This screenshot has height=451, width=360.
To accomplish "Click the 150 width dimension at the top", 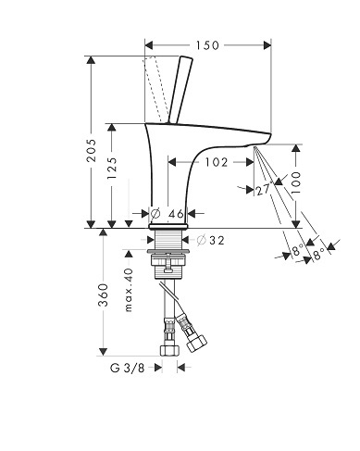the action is (207, 45).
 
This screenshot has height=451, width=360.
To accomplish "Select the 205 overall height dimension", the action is (91, 150).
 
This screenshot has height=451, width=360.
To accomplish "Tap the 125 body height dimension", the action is (112, 169).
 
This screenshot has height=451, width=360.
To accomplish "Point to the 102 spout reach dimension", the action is (217, 162).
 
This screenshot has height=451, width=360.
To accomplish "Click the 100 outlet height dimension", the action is (295, 182).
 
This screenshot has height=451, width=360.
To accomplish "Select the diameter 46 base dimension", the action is (168, 213).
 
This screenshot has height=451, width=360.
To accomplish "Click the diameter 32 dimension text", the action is (211, 240).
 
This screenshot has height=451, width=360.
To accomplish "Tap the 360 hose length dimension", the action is (103, 294).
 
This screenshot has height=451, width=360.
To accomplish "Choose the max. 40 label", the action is (129, 290).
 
